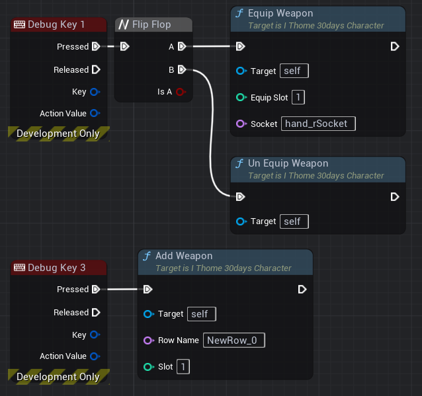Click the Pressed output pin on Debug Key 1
96,46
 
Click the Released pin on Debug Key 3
96,312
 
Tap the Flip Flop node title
151,24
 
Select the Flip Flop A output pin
181,46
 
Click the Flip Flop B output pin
181,69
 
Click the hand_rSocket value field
319,124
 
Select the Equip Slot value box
298,97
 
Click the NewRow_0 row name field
235,340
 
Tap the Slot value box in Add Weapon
183,366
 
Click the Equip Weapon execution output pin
395,46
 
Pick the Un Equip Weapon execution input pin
241,196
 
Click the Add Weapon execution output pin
302,289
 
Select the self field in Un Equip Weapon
294,221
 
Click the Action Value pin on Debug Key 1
95,113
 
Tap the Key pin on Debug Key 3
95,335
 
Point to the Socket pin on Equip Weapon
241,124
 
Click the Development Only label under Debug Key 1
58,133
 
